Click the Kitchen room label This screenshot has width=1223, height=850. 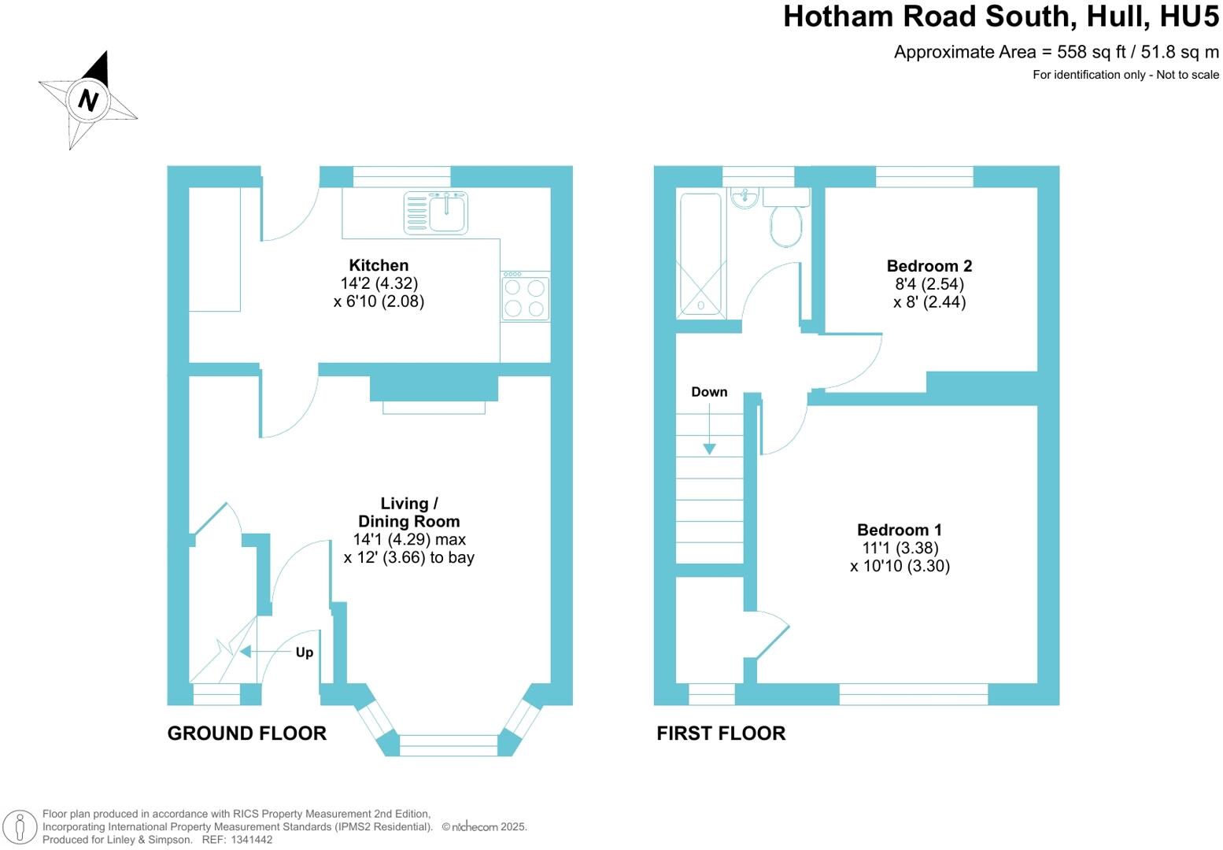coord(379,265)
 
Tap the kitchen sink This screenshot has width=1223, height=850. coord(446,213)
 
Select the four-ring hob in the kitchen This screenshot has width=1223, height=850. coord(525,297)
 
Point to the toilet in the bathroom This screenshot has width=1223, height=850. coord(785,225)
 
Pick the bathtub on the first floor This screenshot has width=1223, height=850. coord(699,255)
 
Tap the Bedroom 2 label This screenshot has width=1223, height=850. coord(929,266)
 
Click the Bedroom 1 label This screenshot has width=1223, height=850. coord(899,530)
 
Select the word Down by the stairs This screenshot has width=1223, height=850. coord(709,392)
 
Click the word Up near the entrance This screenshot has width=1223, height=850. coord(305,652)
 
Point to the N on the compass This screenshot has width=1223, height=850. coord(87,101)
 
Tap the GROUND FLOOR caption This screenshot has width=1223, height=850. coord(246,734)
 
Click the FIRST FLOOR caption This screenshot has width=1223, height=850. coord(721,734)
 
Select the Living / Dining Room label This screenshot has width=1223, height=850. coord(408,512)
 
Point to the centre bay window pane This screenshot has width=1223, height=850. coord(449,745)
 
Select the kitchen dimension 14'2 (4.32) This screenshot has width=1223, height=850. coord(379,283)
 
